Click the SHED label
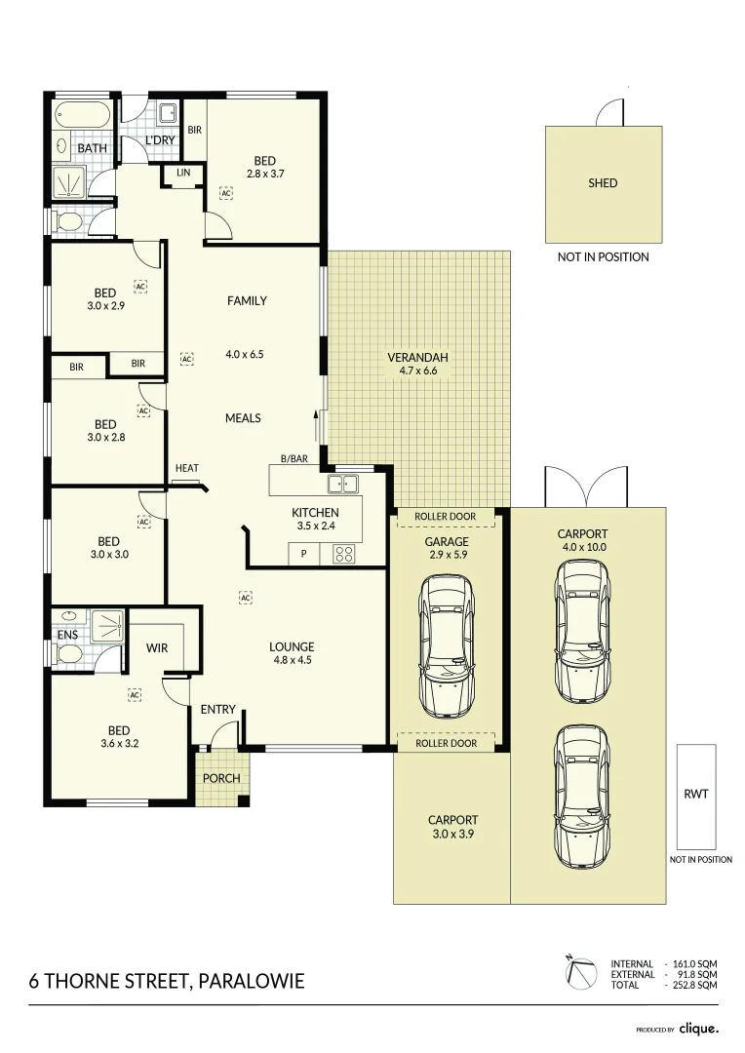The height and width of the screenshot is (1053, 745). point(603,182)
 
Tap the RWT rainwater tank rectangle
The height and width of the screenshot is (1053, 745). point(696,797)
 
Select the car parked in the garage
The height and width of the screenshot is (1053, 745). point(447,646)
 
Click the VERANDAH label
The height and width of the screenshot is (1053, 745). point(417,357)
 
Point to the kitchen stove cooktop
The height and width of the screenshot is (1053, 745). point(344,554)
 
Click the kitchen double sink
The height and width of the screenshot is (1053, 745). point(342,483)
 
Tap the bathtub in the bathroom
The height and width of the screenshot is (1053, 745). point(81,116)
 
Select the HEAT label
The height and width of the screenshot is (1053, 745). point(187,468)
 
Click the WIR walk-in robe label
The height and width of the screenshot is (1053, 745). point(157,648)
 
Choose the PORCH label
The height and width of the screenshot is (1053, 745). point(221,778)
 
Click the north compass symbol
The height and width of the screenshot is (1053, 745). point(580,973)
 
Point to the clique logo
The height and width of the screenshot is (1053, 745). point(698,1029)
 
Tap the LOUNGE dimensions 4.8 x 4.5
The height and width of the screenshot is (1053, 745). point(293,660)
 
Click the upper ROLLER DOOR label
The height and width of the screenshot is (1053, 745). point(446,517)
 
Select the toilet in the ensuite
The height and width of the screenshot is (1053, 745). point(68,653)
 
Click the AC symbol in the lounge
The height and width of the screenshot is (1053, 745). point(245,597)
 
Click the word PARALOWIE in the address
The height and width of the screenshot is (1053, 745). point(252,981)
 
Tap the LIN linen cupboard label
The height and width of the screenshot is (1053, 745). point(183,173)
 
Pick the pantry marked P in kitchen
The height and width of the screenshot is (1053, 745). point(303,554)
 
